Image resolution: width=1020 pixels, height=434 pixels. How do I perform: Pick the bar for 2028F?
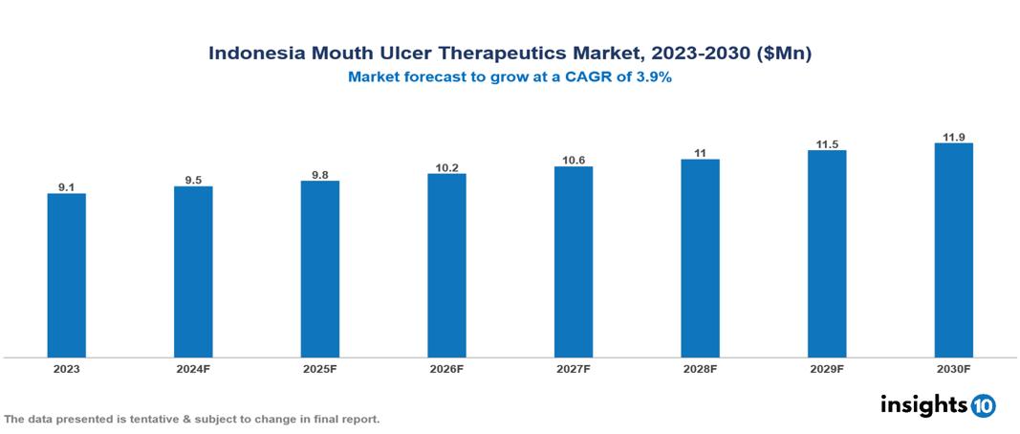[x=700, y=258]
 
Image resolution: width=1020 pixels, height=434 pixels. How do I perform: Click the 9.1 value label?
[x=66, y=187]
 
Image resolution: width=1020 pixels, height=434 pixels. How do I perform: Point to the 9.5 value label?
[x=193, y=180]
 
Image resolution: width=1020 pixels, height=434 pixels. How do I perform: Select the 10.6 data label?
[x=574, y=160]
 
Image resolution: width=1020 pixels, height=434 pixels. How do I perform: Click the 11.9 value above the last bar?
[x=953, y=137]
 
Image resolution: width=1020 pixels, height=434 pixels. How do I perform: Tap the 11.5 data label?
[x=827, y=143]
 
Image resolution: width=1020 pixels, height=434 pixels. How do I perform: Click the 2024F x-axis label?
[x=193, y=368]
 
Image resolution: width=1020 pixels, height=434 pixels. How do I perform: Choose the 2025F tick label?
[x=319, y=368]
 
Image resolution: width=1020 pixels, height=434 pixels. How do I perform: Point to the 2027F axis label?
[x=574, y=368]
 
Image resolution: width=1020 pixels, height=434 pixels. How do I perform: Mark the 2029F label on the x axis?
[x=827, y=368]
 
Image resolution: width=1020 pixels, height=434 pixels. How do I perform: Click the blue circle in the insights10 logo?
[x=983, y=405]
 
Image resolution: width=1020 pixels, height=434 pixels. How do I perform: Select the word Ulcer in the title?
[x=398, y=54]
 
